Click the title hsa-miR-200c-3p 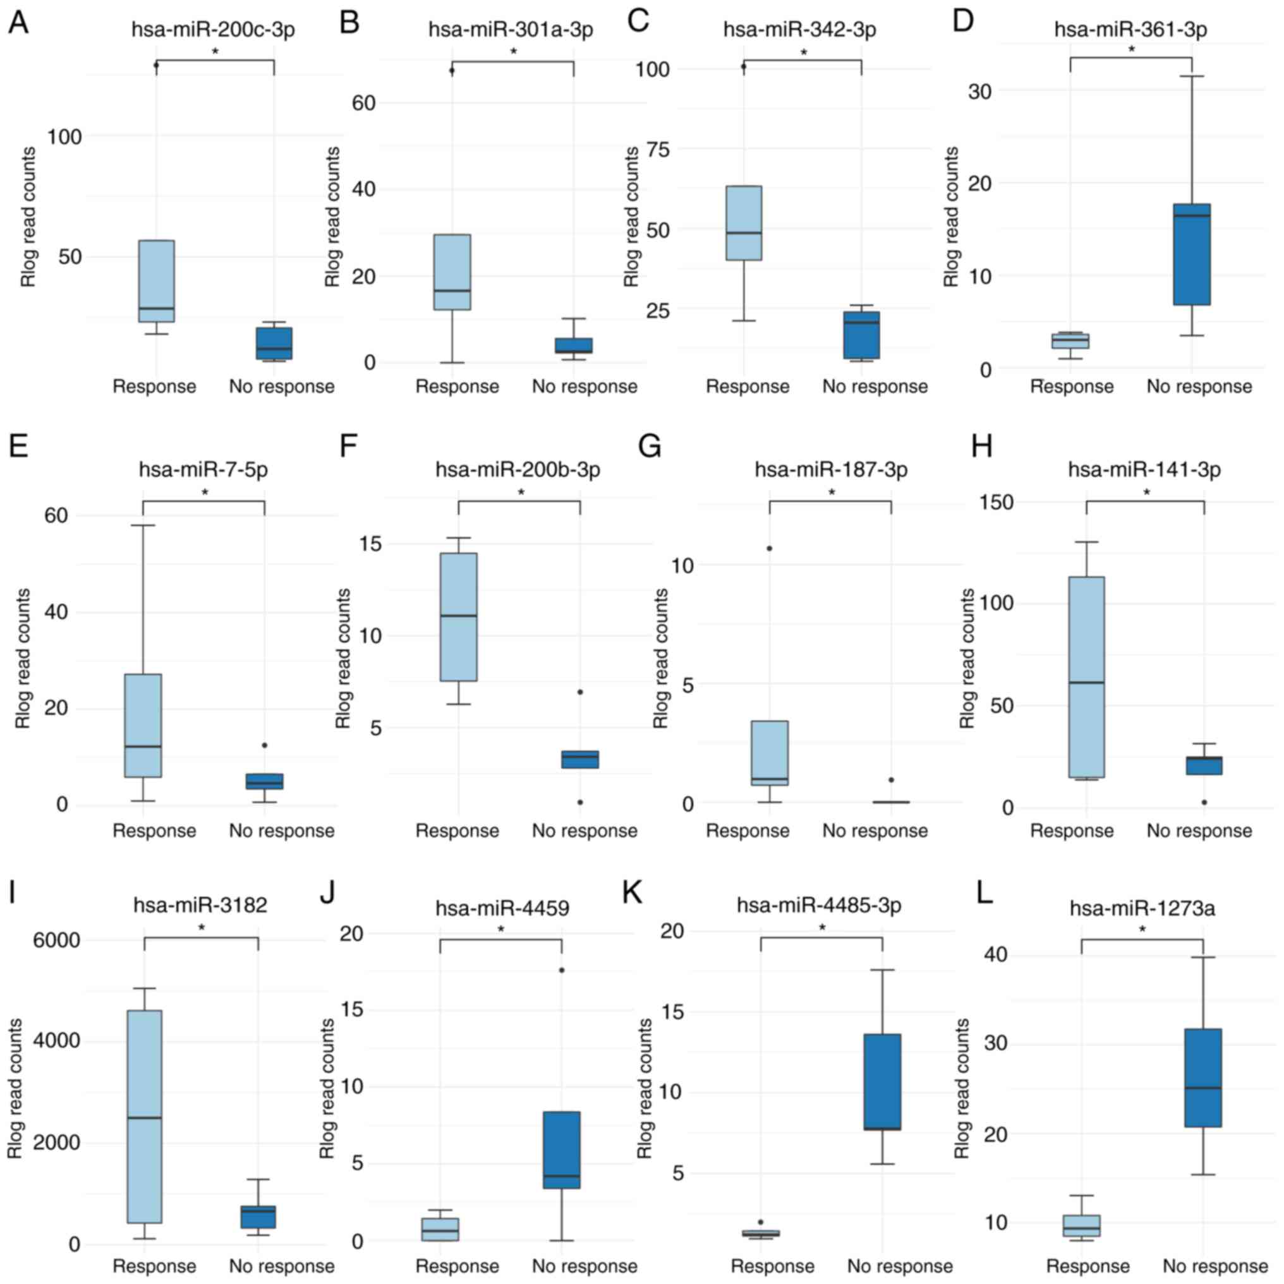213,30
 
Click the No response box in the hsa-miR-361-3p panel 1191,254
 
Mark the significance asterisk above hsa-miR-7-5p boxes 205,493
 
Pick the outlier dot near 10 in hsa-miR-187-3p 770,548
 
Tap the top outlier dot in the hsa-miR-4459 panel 562,970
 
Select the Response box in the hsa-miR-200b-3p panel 458,617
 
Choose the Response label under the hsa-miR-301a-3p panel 457,387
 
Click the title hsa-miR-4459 503,908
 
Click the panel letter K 631,894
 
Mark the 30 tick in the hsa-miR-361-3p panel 981,91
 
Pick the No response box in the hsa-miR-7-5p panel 265,781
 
